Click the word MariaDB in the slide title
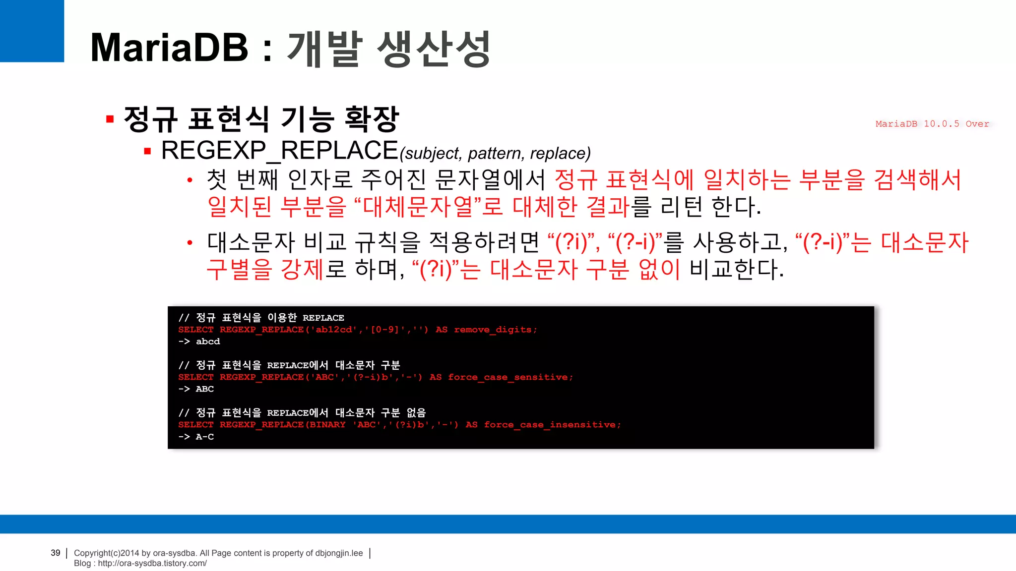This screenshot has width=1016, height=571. click(169, 48)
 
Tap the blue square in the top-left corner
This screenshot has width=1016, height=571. click(32, 31)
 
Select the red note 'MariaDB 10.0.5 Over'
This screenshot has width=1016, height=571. click(932, 124)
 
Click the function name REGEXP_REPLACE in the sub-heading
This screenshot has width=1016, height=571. click(280, 151)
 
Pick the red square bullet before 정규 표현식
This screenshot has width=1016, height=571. click(110, 119)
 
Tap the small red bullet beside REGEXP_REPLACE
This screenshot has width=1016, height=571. click(147, 151)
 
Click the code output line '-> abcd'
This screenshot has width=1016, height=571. click(199, 342)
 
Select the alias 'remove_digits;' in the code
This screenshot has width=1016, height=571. click(495, 330)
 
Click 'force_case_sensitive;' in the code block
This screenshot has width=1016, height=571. click(510, 377)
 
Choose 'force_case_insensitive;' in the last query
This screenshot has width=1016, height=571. click(552, 425)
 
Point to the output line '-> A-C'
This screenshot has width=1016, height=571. click(196, 437)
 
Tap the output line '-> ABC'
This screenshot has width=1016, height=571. click(196, 389)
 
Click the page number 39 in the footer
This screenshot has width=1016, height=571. click(56, 553)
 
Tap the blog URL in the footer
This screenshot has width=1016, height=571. click(152, 563)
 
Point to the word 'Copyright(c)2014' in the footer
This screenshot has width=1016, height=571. click(106, 553)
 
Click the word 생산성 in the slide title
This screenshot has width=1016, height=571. click(434, 49)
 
